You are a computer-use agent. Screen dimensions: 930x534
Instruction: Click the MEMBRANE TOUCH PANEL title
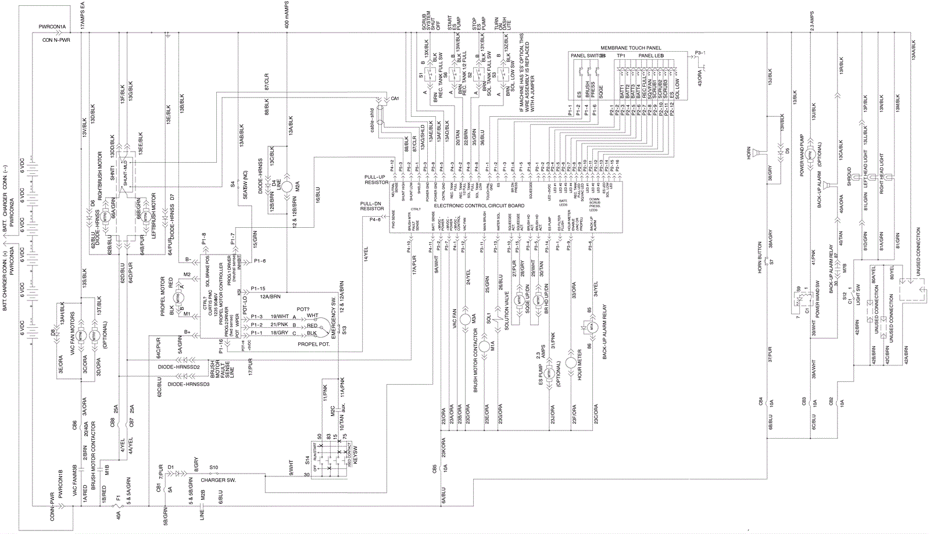pos(631,48)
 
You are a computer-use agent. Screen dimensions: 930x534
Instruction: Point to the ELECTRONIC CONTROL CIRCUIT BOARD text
pos(479,206)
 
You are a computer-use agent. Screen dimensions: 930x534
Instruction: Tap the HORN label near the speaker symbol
pos(749,153)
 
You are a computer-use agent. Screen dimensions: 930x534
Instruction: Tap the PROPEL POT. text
pos(313,344)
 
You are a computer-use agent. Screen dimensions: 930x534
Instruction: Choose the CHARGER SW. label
pos(218,480)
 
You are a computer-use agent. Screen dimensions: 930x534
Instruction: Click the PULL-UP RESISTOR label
pos(376,179)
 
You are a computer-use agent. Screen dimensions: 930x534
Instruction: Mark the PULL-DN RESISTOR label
pos(371,206)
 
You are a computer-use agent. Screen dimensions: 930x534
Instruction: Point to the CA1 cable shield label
pos(395,99)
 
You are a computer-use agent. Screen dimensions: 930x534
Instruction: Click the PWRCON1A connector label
pos(52,27)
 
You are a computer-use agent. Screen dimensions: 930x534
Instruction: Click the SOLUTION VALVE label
pos(506,311)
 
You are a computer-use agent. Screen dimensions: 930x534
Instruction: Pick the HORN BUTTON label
pos(759,256)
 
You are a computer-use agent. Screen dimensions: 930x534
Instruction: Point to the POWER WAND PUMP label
pos(802,155)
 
